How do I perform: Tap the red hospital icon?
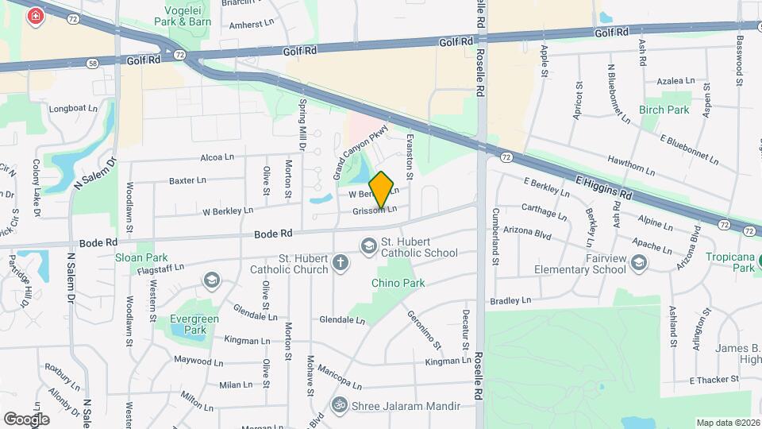coord(35,17)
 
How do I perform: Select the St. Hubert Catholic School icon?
coord(368,247)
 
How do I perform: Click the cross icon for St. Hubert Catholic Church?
coord(340,263)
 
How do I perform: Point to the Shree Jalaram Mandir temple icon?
coord(341,405)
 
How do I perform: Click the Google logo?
coord(26,419)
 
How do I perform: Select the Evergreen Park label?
coord(195,324)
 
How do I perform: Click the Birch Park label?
coord(664,110)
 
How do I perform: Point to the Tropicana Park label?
coord(733,262)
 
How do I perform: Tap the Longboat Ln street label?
coord(73,108)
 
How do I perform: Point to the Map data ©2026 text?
coord(727,423)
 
